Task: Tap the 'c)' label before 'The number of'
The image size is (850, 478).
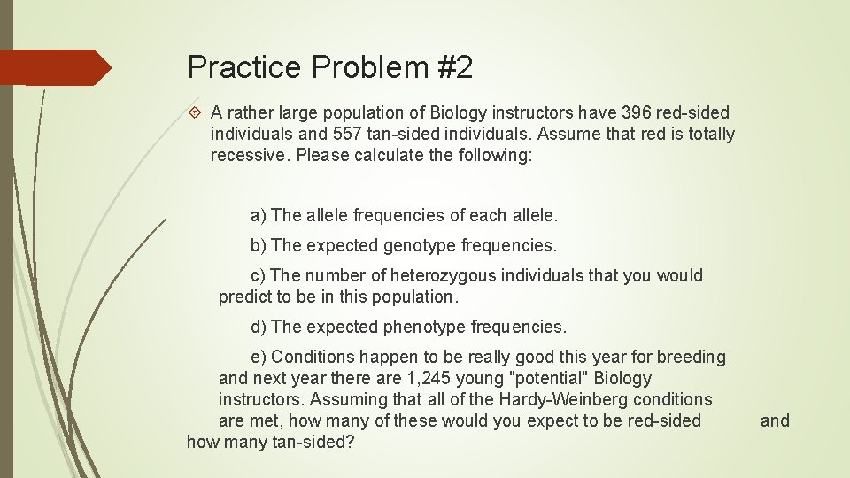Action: click(x=259, y=275)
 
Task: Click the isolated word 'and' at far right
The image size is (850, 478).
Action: click(x=775, y=420)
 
